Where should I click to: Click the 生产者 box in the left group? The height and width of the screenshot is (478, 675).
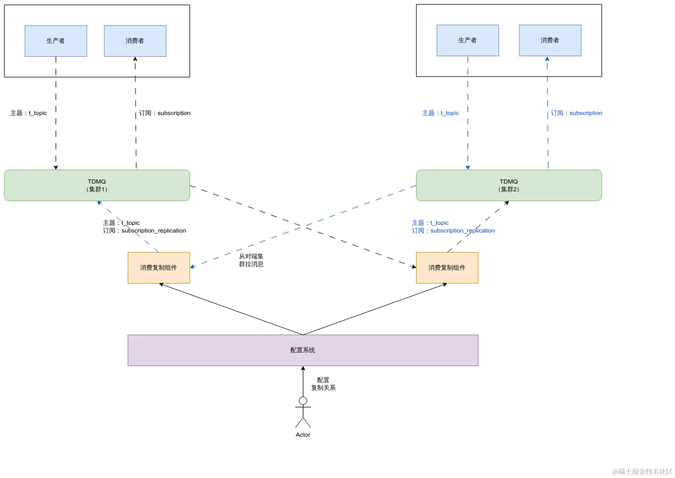tap(56, 41)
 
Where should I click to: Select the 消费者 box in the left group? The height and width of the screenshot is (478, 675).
tap(135, 41)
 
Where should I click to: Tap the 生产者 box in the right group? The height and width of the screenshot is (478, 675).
tap(468, 40)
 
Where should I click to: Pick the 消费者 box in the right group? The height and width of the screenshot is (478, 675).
tap(550, 40)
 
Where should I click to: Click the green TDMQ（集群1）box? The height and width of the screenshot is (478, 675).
tap(97, 185)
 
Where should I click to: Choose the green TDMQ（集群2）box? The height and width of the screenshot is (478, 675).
tap(509, 185)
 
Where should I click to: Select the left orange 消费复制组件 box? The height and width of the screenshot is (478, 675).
tap(159, 268)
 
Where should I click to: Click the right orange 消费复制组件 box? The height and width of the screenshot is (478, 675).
tap(447, 268)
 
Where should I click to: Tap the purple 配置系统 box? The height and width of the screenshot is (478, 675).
tap(303, 350)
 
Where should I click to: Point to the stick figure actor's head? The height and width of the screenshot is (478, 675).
tap(303, 401)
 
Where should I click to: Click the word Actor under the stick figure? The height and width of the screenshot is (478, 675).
tap(303, 435)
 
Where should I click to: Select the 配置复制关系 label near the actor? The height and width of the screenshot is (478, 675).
tap(323, 384)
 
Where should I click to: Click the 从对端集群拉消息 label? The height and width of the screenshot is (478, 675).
tap(251, 260)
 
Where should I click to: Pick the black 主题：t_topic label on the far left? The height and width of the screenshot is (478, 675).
tap(29, 113)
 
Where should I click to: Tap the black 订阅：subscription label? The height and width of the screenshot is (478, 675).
tap(165, 113)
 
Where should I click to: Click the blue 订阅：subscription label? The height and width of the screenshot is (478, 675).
tap(576, 113)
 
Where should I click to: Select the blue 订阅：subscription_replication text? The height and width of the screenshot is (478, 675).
tap(453, 231)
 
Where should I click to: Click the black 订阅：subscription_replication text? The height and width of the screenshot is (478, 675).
tap(145, 231)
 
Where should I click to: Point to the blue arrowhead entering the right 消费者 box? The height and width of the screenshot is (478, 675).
tap(547, 59)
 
